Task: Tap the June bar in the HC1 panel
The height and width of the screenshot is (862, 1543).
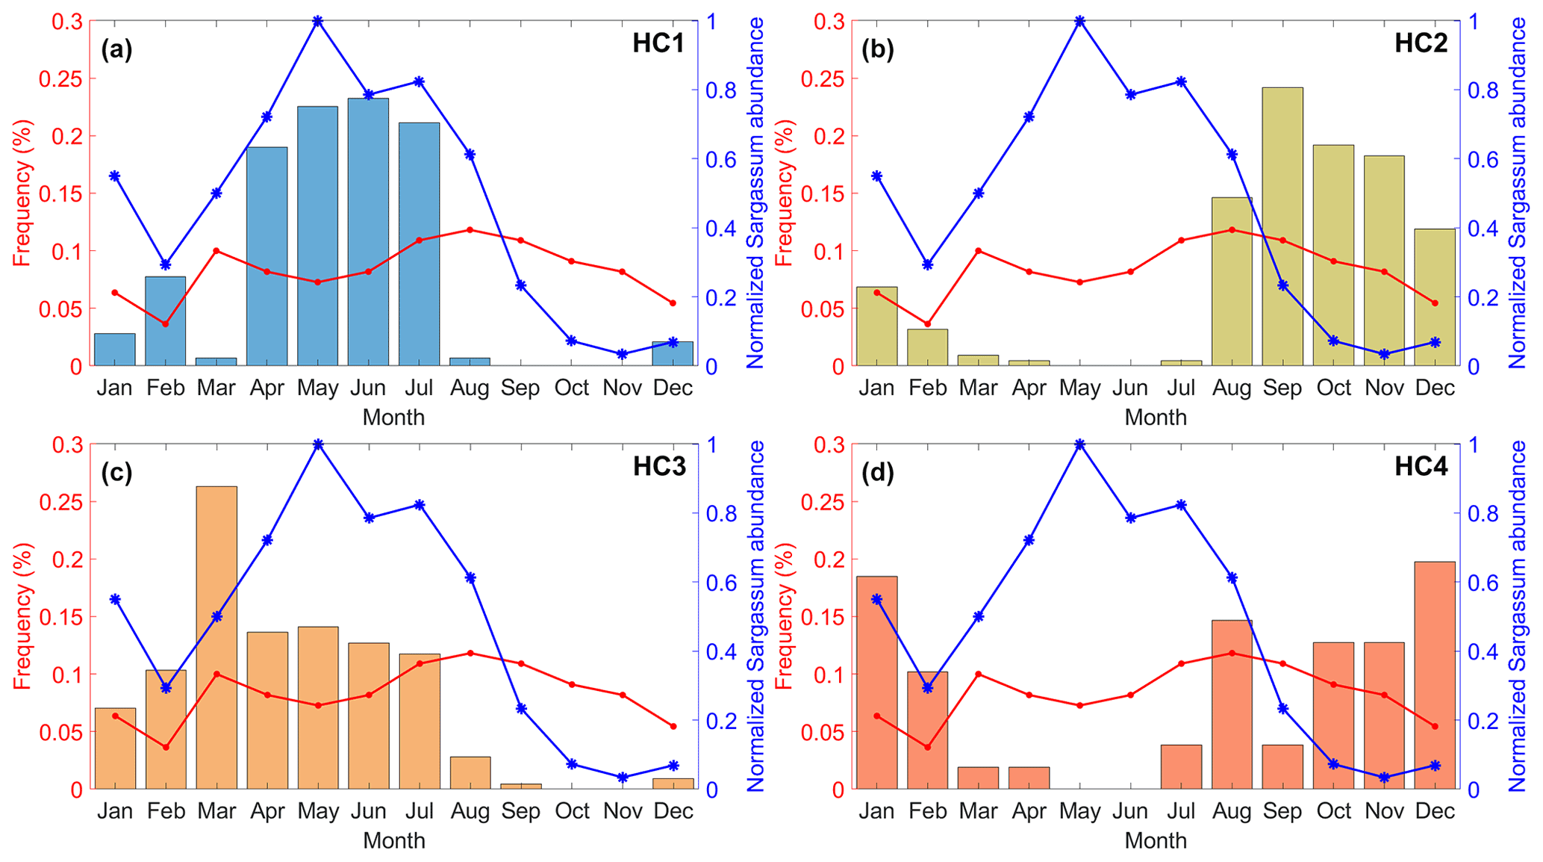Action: click(368, 232)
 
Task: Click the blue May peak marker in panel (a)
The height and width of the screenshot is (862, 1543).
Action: click(318, 22)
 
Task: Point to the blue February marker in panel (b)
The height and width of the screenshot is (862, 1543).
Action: click(928, 264)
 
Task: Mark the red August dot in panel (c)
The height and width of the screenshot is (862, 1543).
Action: click(470, 653)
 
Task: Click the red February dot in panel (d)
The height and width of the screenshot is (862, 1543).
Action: click(928, 747)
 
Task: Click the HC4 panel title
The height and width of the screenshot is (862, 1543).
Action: click(1421, 467)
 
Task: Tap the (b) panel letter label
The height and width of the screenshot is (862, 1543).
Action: click(877, 49)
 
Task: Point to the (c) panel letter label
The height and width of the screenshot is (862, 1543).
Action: click(116, 472)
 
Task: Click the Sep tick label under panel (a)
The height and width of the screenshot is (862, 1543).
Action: click(520, 388)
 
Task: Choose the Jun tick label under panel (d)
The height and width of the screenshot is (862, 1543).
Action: click(1130, 811)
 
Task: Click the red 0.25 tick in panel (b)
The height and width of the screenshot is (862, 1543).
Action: click(820, 78)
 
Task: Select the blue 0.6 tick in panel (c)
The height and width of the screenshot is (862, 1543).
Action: click(723, 583)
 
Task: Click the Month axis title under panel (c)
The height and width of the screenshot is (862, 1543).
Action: click(393, 841)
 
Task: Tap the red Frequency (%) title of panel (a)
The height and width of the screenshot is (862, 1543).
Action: click(22, 193)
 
